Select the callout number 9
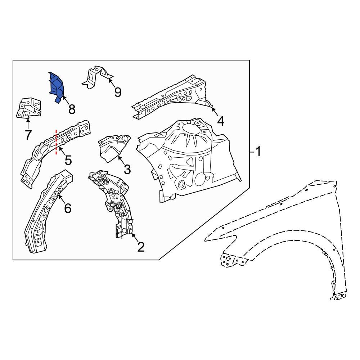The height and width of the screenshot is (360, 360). pyautogui.click(x=118, y=93)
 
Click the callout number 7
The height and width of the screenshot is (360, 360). pyautogui.click(x=28, y=135)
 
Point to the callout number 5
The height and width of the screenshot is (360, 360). pyautogui.click(x=68, y=160)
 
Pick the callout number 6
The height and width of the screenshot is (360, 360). pyautogui.click(x=68, y=208)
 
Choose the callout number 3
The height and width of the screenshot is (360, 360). pyautogui.click(x=127, y=169)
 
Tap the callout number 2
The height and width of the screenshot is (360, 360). pyautogui.click(x=140, y=247)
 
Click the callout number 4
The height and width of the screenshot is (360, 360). pyautogui.click(x=220, y=121)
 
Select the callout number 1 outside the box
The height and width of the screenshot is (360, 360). pyautogui.click(x=258, y=152)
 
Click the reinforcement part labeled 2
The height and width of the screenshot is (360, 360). pyautogui.click(x=113, y=202)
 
